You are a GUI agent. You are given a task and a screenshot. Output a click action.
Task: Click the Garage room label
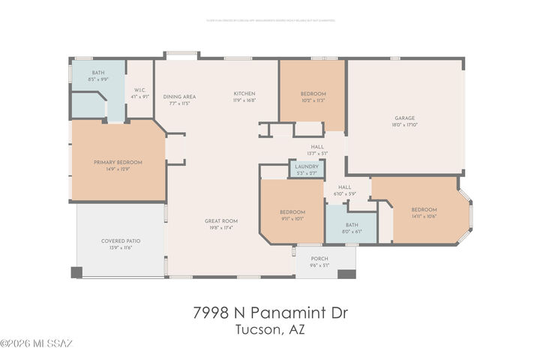click(x=405, y=118)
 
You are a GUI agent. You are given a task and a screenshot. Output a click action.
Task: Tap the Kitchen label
click(x=244, y=93)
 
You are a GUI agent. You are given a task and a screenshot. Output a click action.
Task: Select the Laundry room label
click(x=307, y=166)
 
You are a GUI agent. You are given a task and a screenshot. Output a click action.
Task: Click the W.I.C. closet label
click(x=139, y=89)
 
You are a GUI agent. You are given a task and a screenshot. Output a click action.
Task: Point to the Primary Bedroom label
click(x=118, y=162)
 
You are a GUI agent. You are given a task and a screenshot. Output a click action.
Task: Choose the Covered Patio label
click(x=121, y=241)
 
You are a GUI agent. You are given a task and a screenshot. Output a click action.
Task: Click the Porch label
click(x=319, y=259)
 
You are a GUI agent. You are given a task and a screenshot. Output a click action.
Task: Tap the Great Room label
click(x=221, y=220)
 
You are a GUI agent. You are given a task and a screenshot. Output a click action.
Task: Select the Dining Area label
click(x=179, y=96)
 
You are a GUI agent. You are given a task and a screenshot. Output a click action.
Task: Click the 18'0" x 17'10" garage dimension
click(x=405, y=124)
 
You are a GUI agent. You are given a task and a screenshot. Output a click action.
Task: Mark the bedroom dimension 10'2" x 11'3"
click(x=313, y=100)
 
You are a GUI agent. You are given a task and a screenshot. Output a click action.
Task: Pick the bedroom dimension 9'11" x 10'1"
click(x=292, y=218)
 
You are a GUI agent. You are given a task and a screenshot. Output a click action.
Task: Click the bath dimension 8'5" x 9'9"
click(x=98, y=79)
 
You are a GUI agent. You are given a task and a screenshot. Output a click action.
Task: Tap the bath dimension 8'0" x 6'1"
click(x=352, y=232)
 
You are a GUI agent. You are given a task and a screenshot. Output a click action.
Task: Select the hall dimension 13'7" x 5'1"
click(x=317, y=153)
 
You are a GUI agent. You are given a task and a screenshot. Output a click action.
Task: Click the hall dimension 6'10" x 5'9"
click(x=345, y=193)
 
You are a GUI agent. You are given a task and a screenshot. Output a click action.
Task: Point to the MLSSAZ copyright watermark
click(x=36, y=344)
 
